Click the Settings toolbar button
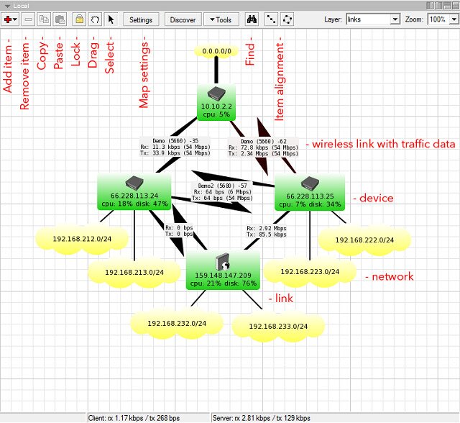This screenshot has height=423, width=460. (141, 20)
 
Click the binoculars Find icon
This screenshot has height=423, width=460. (252, 20)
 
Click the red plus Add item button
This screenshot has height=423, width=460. (11, 20)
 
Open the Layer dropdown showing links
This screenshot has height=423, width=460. (372, 20)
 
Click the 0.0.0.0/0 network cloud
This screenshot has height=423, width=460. (217, 53)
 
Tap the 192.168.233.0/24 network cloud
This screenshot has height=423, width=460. (279, 326)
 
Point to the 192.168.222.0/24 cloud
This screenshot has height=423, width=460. (364, 239)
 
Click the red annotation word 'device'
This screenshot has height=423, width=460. (376, 198)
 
